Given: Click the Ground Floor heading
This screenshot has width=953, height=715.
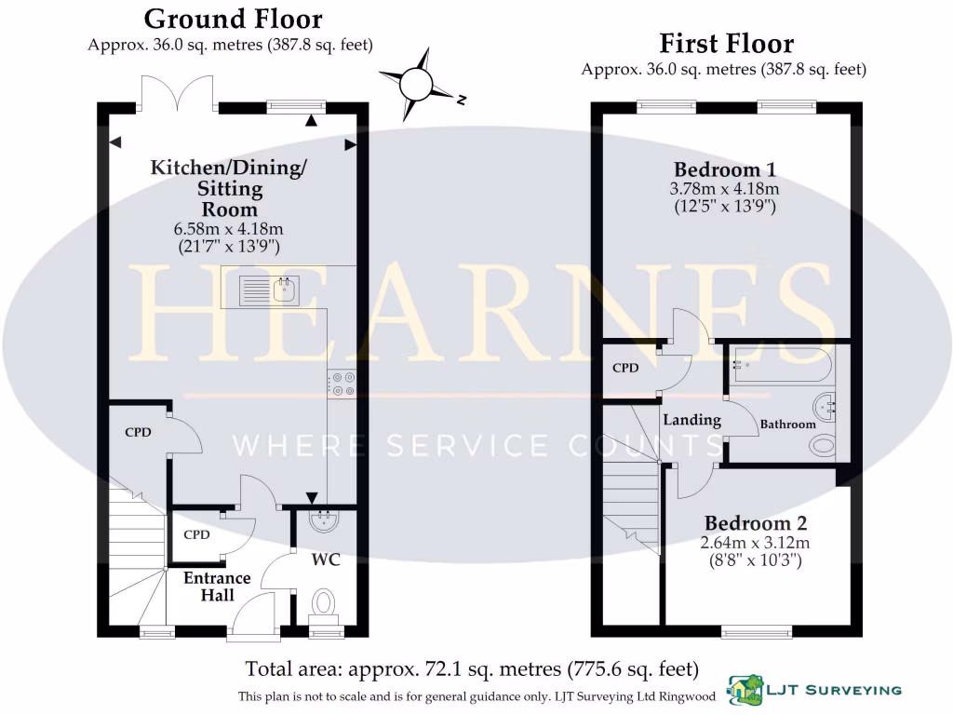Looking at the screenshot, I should tap(234, 19).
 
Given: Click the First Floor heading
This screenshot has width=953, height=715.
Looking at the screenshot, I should tap(726, 43).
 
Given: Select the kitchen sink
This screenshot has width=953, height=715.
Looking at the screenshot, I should tap(268, 290).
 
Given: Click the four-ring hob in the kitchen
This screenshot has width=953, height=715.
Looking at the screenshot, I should tap(341, 384).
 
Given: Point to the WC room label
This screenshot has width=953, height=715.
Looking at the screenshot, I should tap(326, 560).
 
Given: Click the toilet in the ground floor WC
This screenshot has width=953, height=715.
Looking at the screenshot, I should tap(323, 604).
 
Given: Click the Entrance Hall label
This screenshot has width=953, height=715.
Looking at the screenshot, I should tap(216, 587).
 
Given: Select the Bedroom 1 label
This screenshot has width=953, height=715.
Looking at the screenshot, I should tap(725, 169).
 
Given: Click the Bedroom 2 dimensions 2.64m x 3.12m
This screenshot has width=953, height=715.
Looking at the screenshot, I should tap(757, 543).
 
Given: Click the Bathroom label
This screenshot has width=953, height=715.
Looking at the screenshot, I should tap(787, 425).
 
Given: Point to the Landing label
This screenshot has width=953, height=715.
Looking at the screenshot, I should tap(691, 420).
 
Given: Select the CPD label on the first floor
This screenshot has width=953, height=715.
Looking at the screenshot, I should tap(625, 369).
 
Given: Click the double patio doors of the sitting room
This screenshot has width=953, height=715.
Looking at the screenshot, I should tap(178, 94).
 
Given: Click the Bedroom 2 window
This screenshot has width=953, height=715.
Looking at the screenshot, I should tap(757, 632).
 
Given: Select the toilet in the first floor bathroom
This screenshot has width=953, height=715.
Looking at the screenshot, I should tap(824, 446).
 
